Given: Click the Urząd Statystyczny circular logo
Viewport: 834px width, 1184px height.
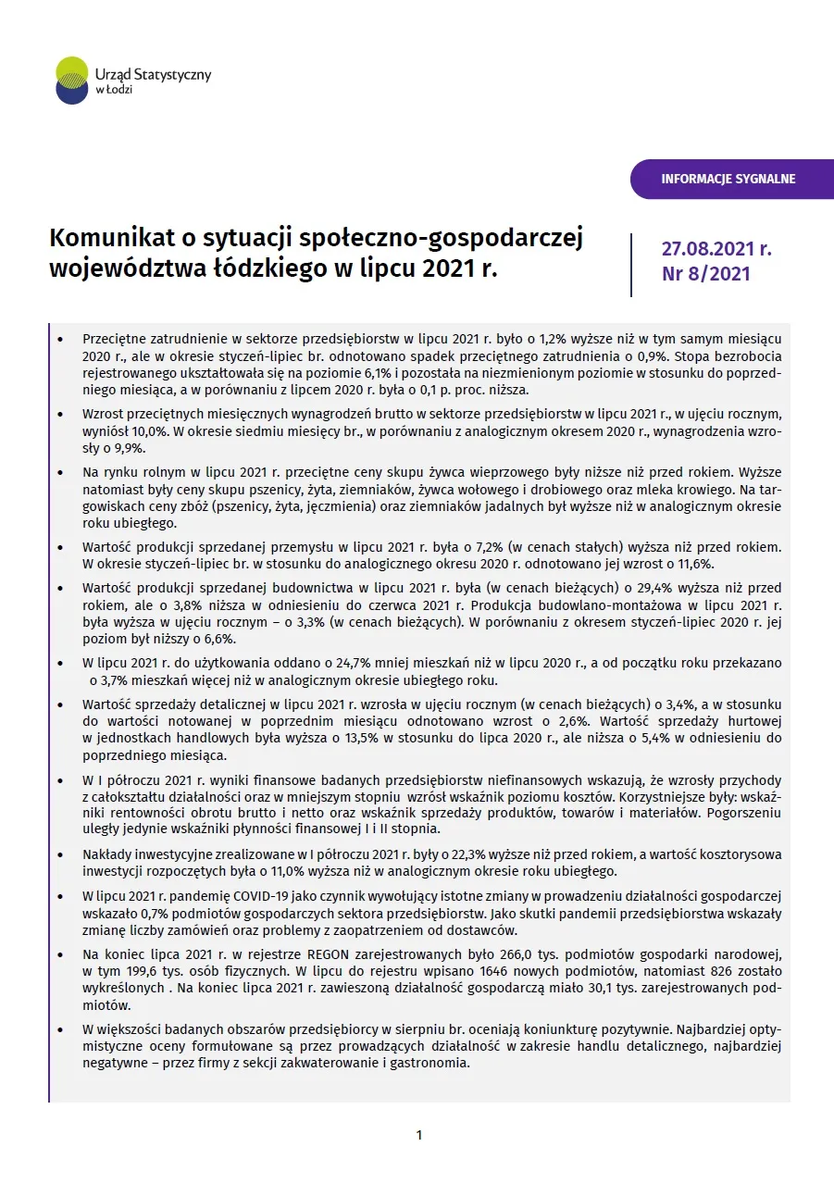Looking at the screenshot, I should pos(72,80).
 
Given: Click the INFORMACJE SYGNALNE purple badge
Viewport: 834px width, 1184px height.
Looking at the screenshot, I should pos(728,179).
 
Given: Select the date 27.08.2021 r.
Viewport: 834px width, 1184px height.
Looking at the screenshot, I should pos(716,249).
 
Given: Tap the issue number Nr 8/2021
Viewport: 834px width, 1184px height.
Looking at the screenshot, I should pos(706,274).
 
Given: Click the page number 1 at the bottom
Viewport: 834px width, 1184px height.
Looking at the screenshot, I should pos(418,1135).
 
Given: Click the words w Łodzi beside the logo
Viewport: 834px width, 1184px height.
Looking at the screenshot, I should pos(114,91).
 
